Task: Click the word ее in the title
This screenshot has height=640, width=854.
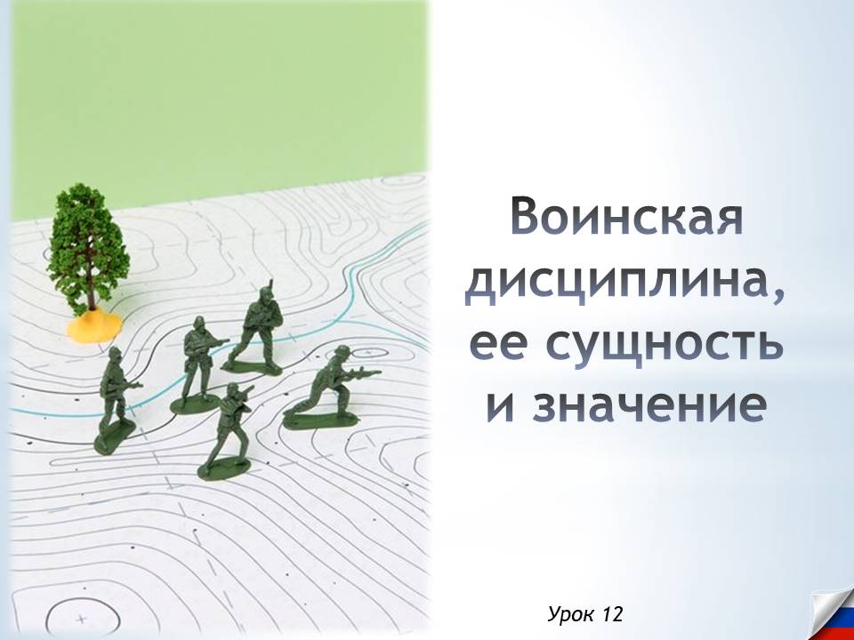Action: [499, 346]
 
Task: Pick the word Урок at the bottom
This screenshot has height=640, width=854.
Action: [572, 613]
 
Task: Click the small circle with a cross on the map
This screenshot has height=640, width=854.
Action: [82, 615]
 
